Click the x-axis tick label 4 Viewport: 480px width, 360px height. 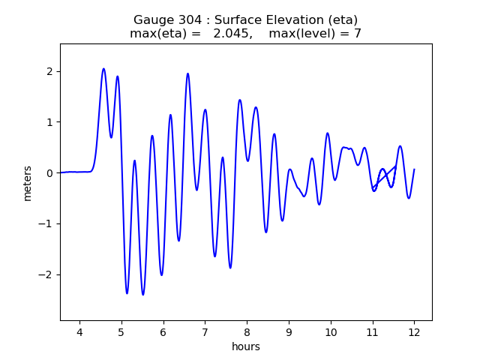click(x=79, y=333)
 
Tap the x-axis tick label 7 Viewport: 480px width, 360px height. click(x=205, y=333)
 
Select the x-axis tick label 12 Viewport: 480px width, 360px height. click(x=414, y=333)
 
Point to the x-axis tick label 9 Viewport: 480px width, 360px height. click(x=289, y=333)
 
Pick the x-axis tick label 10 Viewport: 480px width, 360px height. click(x=330, y=333)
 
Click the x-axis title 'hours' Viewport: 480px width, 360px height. click(x=246, y=346)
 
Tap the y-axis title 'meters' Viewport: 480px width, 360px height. click(x=28, y=183)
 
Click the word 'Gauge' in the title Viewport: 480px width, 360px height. click(x=151, y=20)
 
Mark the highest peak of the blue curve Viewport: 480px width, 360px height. click(x=103, y=69)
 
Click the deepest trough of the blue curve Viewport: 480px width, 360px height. click(x=142, y=295)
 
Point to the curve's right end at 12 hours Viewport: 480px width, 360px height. click(x=414, y=169)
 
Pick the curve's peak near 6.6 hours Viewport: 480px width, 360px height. click(x=187, y=73)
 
